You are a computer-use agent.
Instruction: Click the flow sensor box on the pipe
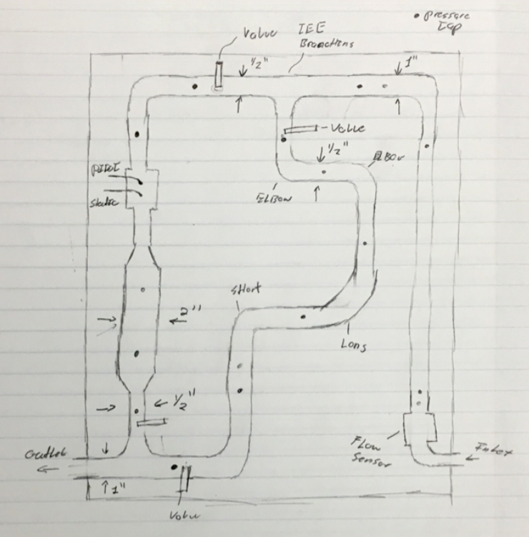click(419, 428)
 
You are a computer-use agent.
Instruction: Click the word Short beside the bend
click(246, 289)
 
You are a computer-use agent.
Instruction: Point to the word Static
click(105, 203)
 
